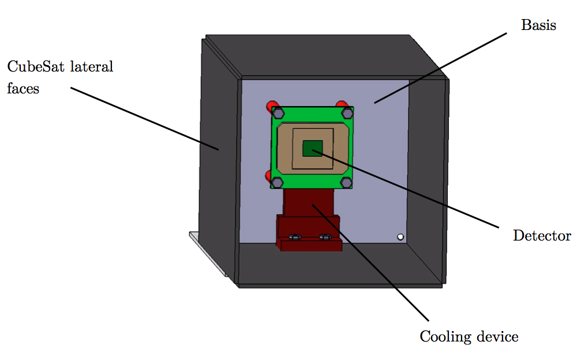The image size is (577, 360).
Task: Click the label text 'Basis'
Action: (x=538, y=25)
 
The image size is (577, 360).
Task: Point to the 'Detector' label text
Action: (x=542, y=236)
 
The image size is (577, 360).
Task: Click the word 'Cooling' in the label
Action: (x=443, y=336)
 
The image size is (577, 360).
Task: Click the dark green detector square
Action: (x=312, y=149)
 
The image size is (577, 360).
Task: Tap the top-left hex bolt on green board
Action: (x=278, y=112)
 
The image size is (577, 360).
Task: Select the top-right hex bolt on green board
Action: (x=346, y=112)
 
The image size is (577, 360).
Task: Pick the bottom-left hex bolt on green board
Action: (x=278, y=182)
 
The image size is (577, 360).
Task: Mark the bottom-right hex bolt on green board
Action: (x=346, y=182)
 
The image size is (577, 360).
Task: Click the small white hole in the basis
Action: (x=400, y=237)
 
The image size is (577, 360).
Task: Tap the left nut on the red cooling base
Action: (x=295, y=237)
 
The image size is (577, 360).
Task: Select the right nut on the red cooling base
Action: (x=325, y=237)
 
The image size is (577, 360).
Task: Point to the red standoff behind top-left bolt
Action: (x=270, y=106)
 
